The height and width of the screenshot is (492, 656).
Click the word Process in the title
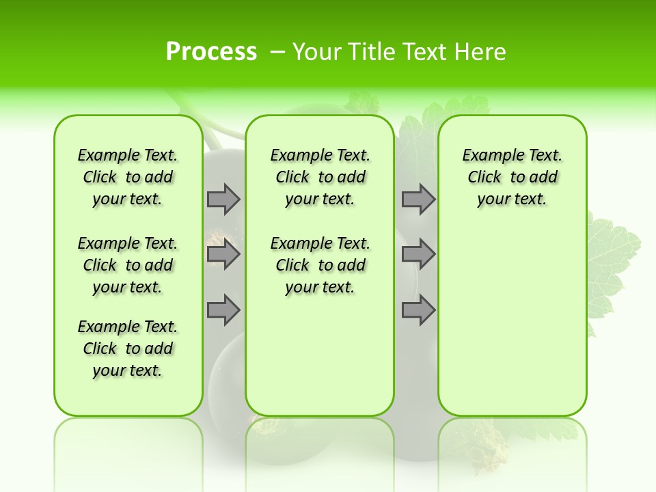(211, 51)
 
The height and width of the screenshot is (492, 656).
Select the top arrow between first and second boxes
(223, 199)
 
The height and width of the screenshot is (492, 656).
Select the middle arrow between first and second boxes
(223, 254)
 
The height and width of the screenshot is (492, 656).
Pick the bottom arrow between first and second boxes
(223, 310)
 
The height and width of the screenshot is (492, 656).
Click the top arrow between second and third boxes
(418, 199)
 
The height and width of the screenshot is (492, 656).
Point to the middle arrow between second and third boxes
(418, 254)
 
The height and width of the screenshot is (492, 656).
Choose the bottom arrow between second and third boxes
(418, 310)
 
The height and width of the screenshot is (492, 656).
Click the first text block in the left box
(128, 177)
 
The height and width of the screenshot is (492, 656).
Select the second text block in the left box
(128, 265)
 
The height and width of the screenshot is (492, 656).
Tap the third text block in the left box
(128, 348)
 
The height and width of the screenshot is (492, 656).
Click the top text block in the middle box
(320, 177)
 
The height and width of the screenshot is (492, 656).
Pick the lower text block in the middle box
(320, 265)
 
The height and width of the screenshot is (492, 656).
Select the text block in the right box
(512, 177)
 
